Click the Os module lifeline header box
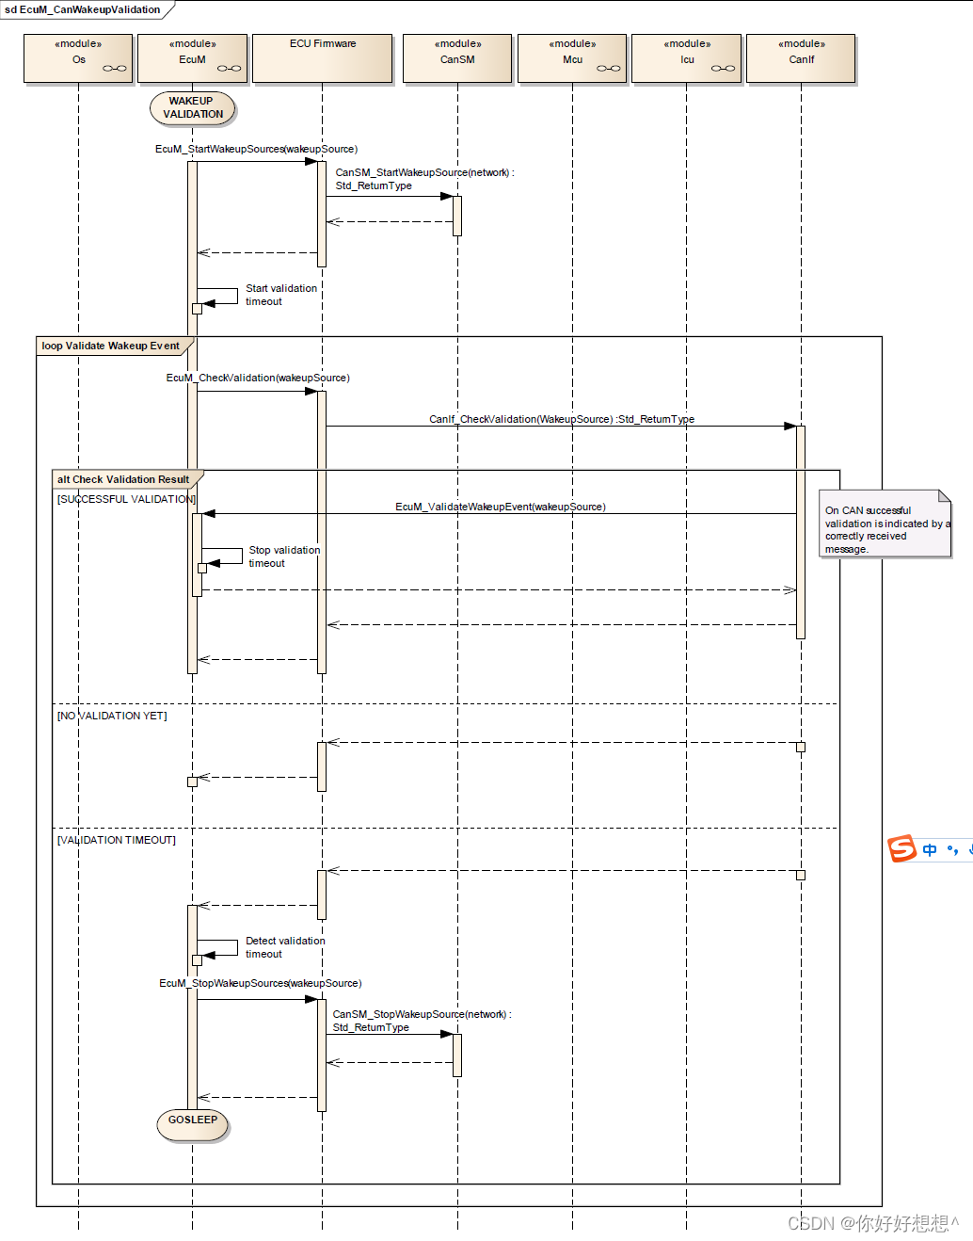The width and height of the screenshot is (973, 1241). tap(78, 58)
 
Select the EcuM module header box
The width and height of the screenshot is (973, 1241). tap(192, 58)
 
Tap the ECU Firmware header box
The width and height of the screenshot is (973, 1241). tap(323, 58)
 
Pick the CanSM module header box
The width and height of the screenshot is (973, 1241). tap(457, 58)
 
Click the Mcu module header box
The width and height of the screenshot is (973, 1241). tap(572, 58)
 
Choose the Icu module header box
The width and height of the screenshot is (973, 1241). tap(687, 58)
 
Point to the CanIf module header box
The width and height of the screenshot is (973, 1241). tap(802, 58)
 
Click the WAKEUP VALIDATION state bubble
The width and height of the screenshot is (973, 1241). tap(193, 108)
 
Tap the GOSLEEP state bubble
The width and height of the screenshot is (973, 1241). tap(193, 1121)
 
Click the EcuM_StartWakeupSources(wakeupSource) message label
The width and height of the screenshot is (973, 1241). tap(256, 149)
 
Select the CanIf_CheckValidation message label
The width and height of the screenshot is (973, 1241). tap(562, 419)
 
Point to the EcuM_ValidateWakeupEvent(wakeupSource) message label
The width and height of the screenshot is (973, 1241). tap(501, 507)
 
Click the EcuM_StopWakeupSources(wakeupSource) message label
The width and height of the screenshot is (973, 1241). tap(260, 983)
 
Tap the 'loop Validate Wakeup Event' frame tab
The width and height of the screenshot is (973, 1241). tap(111, 346)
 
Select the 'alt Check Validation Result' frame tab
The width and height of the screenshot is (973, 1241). tap(123, 479)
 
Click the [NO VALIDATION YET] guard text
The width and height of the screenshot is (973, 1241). tap(112, 716)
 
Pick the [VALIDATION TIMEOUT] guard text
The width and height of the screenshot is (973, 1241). tap(117, 840)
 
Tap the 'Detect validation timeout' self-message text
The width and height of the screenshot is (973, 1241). tap(284, 947)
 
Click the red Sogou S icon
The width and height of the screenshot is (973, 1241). tap(901, 848)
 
